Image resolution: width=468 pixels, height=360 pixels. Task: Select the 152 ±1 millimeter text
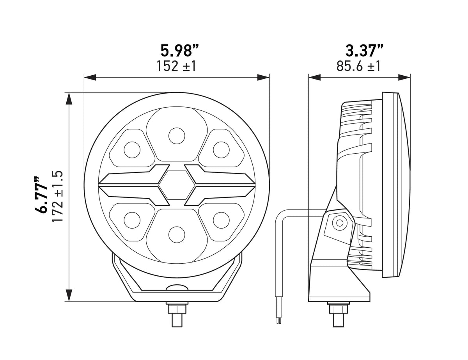click(176, 66)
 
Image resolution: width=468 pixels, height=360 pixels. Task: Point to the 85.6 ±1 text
click(358, 66)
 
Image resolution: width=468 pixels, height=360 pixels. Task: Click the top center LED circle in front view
click(177, 135)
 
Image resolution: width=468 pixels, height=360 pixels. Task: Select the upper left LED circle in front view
click(132, 149)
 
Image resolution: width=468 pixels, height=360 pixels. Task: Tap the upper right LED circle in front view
click(221, 149)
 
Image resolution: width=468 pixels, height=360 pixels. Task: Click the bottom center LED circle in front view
click(177, 234)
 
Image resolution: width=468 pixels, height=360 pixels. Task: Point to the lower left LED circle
click(132, 220)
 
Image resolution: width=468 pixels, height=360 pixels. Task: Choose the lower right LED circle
click(221, 220)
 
